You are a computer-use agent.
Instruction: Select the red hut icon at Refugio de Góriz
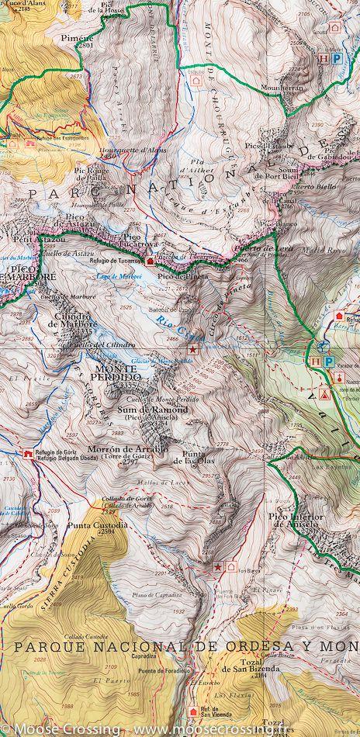tap(28, 452)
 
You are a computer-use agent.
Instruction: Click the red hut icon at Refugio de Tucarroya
tap(150, 261)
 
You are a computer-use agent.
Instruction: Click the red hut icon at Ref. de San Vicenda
tap(193, 711)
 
